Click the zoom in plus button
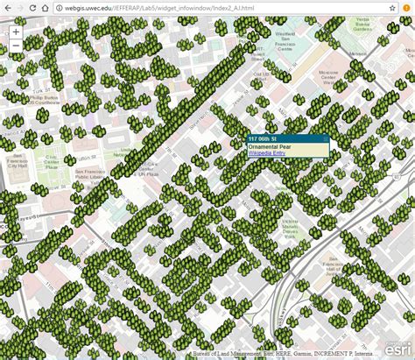[x=16, y=32]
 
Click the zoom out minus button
[x=16, y=46]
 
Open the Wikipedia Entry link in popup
[x=266, y=153]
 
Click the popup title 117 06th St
[x=263, y=139]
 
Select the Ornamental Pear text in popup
[x=270, y=146]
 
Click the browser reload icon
[x=46, y=8]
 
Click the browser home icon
[x=64, y=8]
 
